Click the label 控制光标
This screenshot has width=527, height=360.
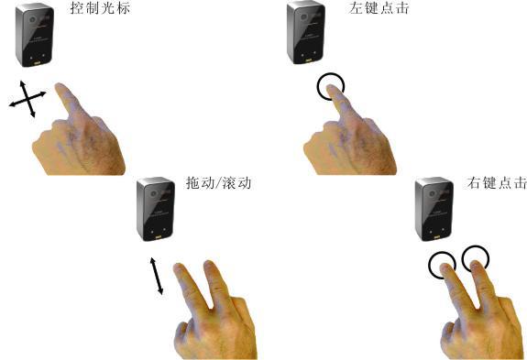[100, 8]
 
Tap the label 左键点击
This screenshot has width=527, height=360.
[379, 8]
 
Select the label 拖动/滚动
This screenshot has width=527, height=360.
[219, 183]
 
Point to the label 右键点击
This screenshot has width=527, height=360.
[497, 183]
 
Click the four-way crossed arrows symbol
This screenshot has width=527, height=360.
[27, 99]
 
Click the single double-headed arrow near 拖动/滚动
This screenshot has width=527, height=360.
[157, 276]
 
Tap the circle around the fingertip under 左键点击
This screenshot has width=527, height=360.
[318, 87]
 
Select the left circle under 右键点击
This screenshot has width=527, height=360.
[430, 266]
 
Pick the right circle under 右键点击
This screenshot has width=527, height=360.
[463, 258]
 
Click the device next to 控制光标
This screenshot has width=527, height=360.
[35, 35]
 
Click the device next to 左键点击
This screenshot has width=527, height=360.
[306, 33]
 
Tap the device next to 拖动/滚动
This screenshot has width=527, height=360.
[156, 209]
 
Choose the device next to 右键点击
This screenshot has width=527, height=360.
[434, 209]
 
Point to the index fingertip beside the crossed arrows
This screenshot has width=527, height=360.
[60, 87]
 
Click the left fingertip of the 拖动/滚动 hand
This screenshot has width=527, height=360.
[178, 267]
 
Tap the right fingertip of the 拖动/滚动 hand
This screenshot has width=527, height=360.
[209, 264]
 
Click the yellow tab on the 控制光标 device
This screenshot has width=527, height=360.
[37, 63]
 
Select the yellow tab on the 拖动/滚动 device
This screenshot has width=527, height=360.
[158, 237]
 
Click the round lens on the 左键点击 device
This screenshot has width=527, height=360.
[304, 16]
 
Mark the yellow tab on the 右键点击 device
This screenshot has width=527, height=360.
[436, 237]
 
